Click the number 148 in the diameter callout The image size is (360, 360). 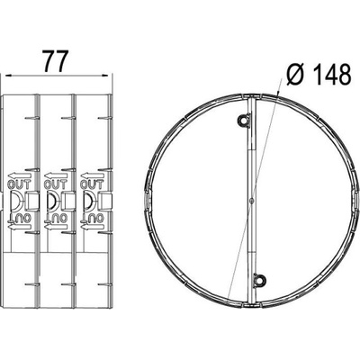coord(331,74)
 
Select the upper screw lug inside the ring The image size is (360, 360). coord(243,121)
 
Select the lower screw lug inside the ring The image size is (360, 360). coord(260,279)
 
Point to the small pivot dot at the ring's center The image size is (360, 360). coord(251,200)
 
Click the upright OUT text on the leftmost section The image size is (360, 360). coord(19,184)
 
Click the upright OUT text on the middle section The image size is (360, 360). coord(56,184)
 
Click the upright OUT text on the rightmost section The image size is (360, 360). coord(92,184)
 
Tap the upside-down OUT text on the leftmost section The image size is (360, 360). coord(20,218)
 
